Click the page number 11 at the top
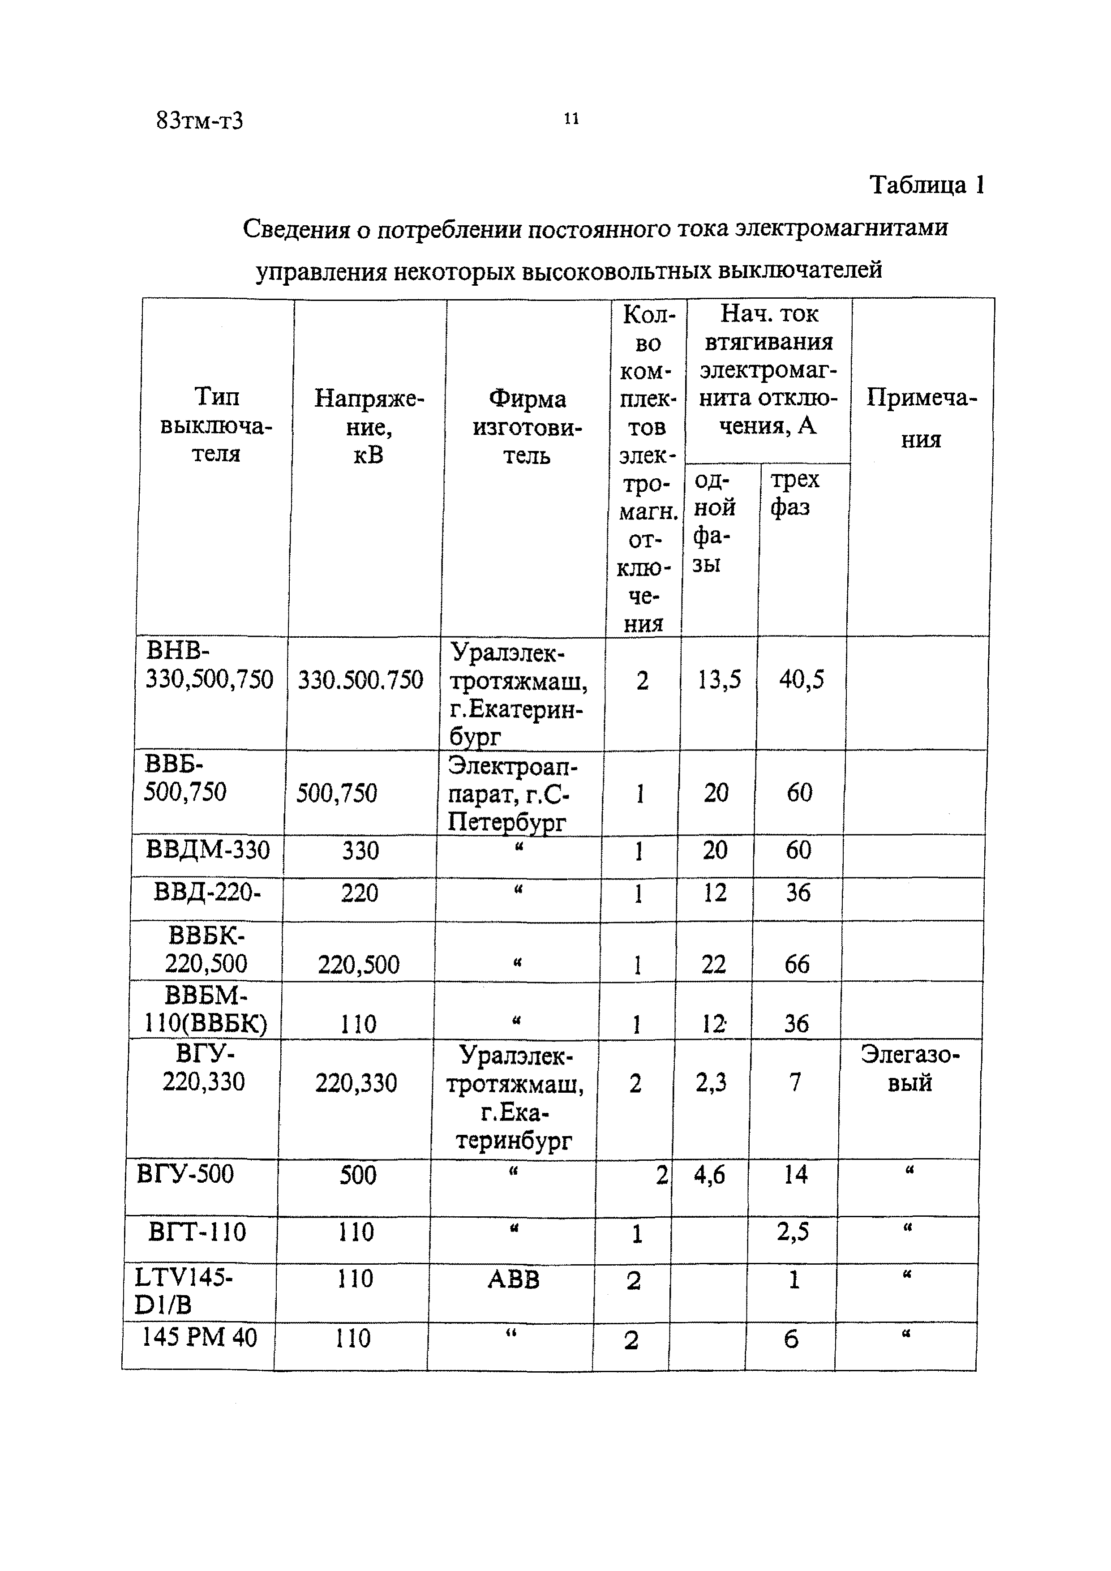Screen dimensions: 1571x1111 571,119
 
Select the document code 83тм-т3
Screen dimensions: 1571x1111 199,121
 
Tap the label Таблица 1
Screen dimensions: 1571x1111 927,185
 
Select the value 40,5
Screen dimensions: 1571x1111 801,679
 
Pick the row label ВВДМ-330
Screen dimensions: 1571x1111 208,850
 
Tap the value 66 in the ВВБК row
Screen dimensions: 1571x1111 797,965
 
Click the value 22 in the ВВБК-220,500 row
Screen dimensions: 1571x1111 713,965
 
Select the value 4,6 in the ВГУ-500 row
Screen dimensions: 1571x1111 709,1175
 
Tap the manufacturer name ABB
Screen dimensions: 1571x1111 513,1279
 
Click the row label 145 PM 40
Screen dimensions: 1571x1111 199,1337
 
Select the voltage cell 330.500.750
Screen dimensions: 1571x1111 360,680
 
